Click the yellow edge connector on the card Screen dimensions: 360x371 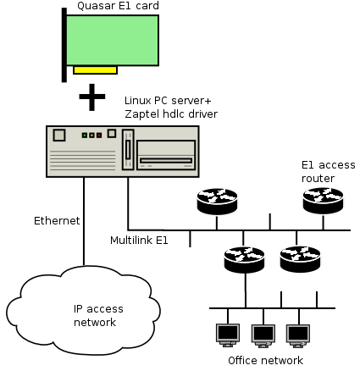point(95,69)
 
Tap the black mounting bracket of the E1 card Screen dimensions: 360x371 point(64,45)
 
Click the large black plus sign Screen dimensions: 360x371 point(91,97)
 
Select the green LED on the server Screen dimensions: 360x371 point(85,136)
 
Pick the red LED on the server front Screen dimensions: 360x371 point(99,136)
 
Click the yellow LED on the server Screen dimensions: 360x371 point(91,136)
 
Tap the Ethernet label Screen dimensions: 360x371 point(57,221)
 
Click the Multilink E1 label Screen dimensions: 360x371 point(139,241)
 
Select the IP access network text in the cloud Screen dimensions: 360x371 point(98,315)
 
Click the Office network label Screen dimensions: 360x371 point(265,361)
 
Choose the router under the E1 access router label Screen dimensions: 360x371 point(323,201)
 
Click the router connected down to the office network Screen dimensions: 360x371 point(244,259)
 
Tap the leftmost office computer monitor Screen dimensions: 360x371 point(228,335)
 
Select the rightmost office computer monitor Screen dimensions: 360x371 point(298,335)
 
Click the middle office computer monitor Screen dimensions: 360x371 point(263,335)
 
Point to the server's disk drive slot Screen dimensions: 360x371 point(166,161)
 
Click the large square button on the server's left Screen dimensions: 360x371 point(59,136)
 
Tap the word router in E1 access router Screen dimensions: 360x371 point(318,179)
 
